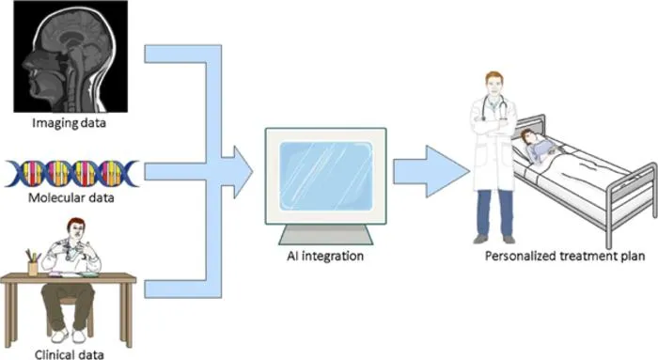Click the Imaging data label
69,123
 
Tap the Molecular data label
70,197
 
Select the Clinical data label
70,354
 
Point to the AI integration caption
325,256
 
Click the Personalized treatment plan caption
565,256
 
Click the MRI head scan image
70,56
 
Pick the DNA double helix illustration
71,173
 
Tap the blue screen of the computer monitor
325,176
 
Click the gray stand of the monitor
325,235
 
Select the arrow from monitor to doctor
431,171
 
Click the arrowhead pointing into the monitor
243,172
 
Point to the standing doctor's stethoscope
493,108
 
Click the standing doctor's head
494,84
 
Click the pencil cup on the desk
33,268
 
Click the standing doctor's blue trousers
494,213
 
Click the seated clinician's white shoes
70,335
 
